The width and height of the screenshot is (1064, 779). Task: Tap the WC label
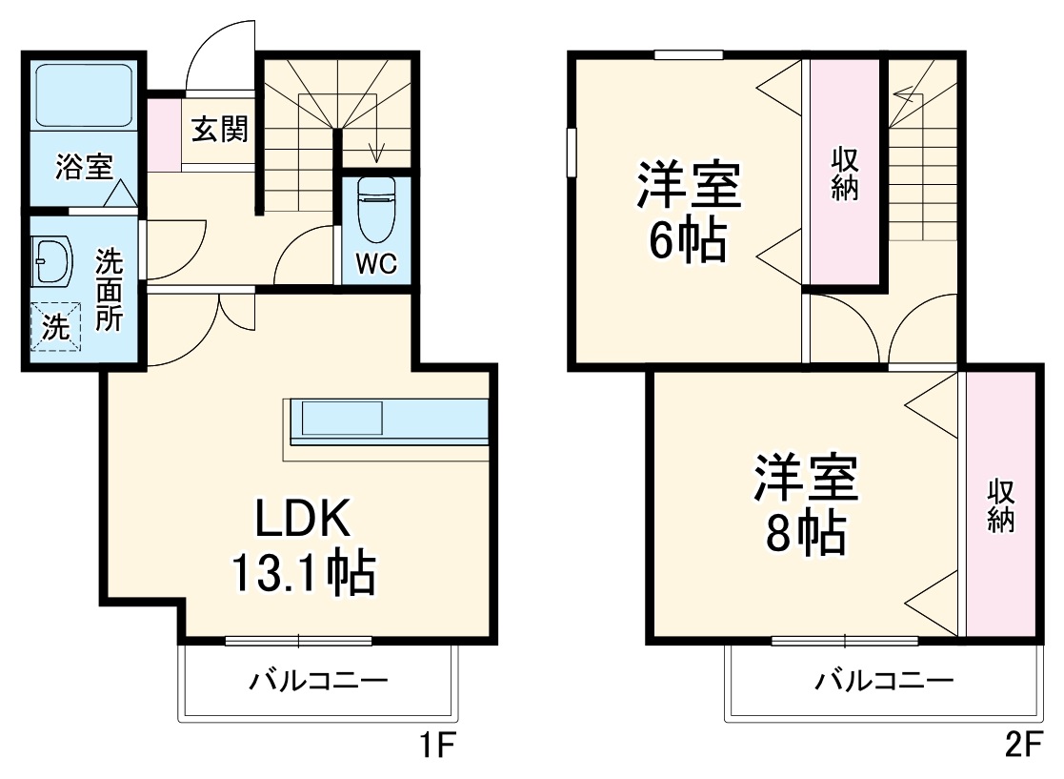point(376,264)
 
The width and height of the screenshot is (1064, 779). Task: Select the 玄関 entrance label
point(220,129)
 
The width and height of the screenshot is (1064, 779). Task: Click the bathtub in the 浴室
point(83,95)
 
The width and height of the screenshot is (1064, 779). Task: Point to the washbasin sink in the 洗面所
point(51,261)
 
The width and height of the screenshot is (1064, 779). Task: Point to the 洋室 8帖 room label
point(807,505)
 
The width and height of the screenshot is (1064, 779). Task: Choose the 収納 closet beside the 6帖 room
point(845,172)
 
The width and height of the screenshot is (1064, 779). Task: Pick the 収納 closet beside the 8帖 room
point(1000,505)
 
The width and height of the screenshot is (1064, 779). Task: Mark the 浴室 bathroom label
point(83,167)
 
